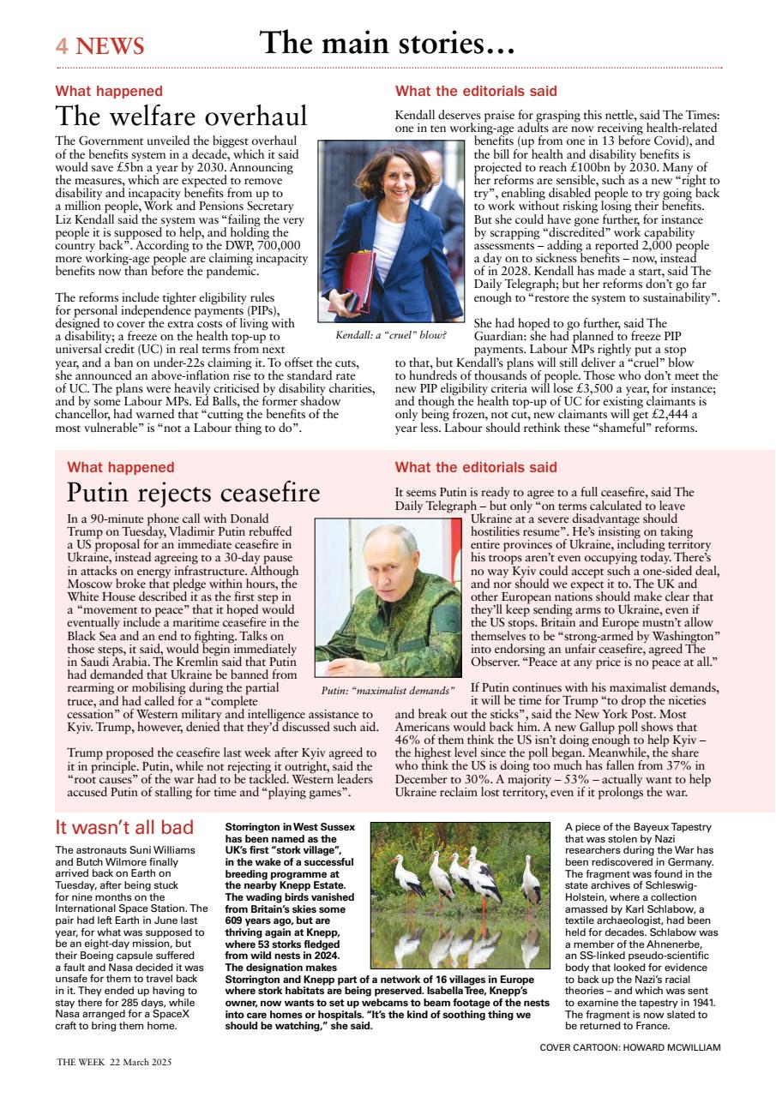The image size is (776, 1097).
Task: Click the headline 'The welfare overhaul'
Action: pos(181,116)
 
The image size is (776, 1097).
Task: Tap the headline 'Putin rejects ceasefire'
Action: pos(193,493)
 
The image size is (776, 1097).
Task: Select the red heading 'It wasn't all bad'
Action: pos(123,828)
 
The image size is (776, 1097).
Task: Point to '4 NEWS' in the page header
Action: pos(99,45)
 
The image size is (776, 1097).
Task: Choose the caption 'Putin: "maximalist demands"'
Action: pos(388,690)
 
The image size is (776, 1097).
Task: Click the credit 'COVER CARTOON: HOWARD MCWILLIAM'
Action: pos(630,1047)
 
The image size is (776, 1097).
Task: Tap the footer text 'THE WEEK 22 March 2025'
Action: pos(114,1062)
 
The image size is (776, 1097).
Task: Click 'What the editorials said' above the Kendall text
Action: pos(475,91)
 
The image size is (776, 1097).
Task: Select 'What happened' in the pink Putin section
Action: pos(120,467)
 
